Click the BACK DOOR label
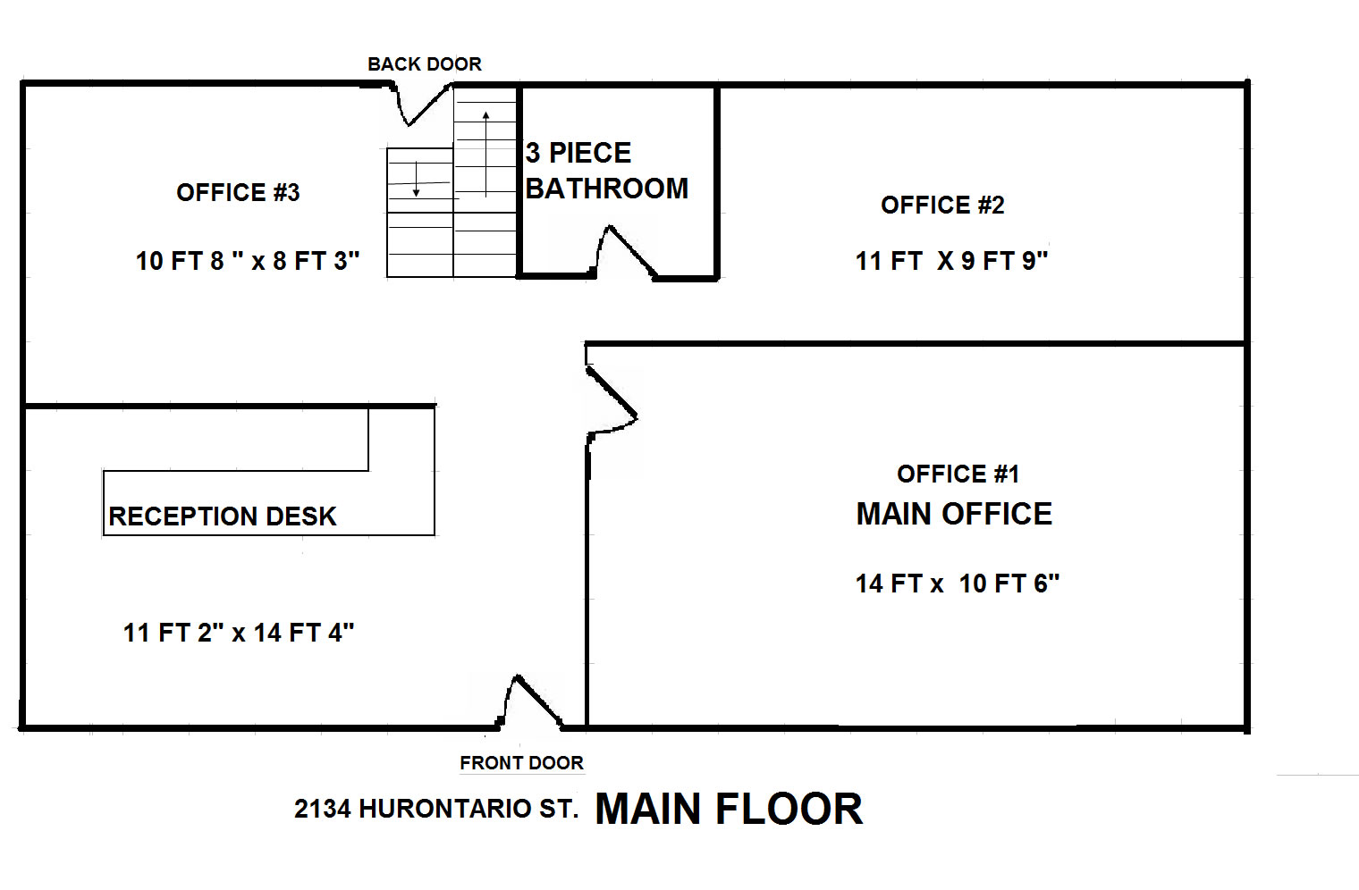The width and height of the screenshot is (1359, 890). point(425,64)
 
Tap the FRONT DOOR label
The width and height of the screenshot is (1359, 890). point(522,763)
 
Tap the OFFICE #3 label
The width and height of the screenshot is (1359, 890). point(238,193)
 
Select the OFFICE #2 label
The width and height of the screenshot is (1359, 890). point(942,206)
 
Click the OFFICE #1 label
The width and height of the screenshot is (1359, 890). point(958,474)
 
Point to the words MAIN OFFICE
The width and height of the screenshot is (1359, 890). point(954,514)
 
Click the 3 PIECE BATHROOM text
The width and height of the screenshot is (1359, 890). point(607,171)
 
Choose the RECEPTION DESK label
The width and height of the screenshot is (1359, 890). point(222,516)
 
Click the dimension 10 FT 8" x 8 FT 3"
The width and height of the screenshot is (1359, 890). point(248,261)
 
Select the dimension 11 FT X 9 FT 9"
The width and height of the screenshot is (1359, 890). point(951,261)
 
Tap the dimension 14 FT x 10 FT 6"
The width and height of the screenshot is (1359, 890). point(958,584)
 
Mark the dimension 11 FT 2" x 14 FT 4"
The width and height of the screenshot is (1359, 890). point(239,633)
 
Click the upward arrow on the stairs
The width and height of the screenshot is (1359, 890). point(486,155)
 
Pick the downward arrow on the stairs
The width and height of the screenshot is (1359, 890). point(417,179)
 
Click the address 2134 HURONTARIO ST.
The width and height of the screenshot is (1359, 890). point(436,809)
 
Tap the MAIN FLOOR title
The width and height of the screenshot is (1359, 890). point(729,810)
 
